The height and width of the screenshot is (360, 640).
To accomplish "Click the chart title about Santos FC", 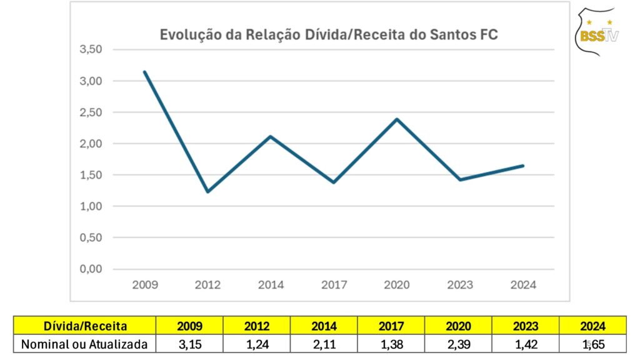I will [x=329, y=34].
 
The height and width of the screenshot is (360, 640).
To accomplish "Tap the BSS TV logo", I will [x=598, y=32].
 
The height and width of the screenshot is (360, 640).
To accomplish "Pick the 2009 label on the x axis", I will [x=145, y=285].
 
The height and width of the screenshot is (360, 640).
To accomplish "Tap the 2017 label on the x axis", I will [x=334, y=285].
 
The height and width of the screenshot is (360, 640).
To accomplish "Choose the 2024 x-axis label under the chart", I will [x=523, y=285].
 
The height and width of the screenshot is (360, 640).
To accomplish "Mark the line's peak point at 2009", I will [x=145, y=72].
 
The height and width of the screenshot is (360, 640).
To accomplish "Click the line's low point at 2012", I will [x=207, y=191].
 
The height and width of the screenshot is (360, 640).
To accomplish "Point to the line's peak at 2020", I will [x=397, y=119].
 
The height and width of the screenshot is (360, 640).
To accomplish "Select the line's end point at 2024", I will [x=522, y=166].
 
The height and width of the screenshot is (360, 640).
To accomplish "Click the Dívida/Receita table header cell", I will [x=86, y=326].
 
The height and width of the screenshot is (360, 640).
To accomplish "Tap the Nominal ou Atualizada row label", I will [x=84, y=344].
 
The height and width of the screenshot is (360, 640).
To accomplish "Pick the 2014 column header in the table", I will [x=324, y=326].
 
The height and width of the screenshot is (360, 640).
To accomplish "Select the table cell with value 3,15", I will [x=190, y=344].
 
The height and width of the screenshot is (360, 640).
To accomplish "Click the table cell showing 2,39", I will [x=458, y=344].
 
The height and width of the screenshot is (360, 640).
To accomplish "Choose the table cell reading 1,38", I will [x=391, y=344].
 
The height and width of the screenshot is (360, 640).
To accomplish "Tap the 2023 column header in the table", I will [x=525, y=326].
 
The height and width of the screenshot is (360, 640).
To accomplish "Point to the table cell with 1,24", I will [x=257, y=344].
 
